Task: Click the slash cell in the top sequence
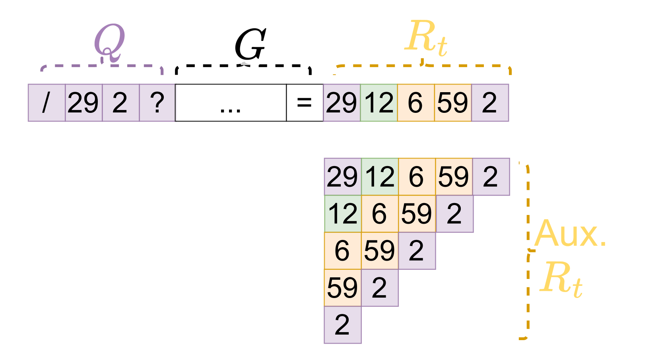[46, 103]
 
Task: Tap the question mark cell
[157, 103]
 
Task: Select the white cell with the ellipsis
[231, 103]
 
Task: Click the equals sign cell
[305, 103]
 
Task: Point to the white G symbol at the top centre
[250, 46]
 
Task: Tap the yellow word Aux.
[571, 234]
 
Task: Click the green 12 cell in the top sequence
[379, 103]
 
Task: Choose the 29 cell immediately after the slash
[83, 103]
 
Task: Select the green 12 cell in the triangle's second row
[343, 214]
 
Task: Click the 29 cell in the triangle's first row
[342, 177]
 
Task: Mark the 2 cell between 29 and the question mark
[120, 103]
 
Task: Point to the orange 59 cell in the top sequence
[453, 103]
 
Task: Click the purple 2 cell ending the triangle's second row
[454, 214]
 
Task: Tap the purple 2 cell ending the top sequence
[490, 103]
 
